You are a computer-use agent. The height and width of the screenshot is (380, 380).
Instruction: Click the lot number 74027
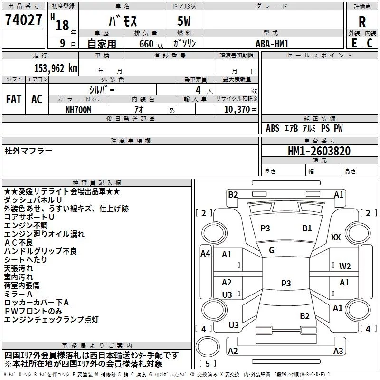click(23, 20)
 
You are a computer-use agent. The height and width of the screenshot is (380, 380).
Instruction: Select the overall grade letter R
click(362, 22)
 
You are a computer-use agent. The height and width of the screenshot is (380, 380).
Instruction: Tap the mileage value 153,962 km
click(56, 68)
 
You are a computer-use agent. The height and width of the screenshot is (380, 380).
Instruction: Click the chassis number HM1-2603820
click(319, 151)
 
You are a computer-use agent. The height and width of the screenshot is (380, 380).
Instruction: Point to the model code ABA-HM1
click(272, 44)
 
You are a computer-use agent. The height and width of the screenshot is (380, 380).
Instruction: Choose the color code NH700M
click(78, 110)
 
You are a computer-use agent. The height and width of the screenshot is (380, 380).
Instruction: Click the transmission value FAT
click(14, 99)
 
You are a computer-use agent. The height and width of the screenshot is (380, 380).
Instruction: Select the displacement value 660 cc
click(151, 44)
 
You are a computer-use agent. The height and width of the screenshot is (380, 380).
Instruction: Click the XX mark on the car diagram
click(336, 237)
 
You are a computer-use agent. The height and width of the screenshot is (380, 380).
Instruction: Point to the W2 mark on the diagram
click(345, 266)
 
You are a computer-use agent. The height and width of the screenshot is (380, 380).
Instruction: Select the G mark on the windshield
click(272, 250)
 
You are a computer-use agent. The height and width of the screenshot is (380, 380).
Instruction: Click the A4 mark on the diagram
click(206, 254)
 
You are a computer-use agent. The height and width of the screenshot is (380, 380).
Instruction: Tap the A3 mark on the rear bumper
click(338, 351)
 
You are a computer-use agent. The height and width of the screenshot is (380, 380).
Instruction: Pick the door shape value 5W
click(184, 21)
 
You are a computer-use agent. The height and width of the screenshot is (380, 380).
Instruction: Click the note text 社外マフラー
click(28, 151)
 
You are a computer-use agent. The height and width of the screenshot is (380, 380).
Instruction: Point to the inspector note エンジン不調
click(26, 225)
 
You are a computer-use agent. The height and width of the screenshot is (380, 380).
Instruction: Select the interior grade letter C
click(370, 43)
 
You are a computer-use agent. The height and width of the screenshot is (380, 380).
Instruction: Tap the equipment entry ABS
click(273, 128)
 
